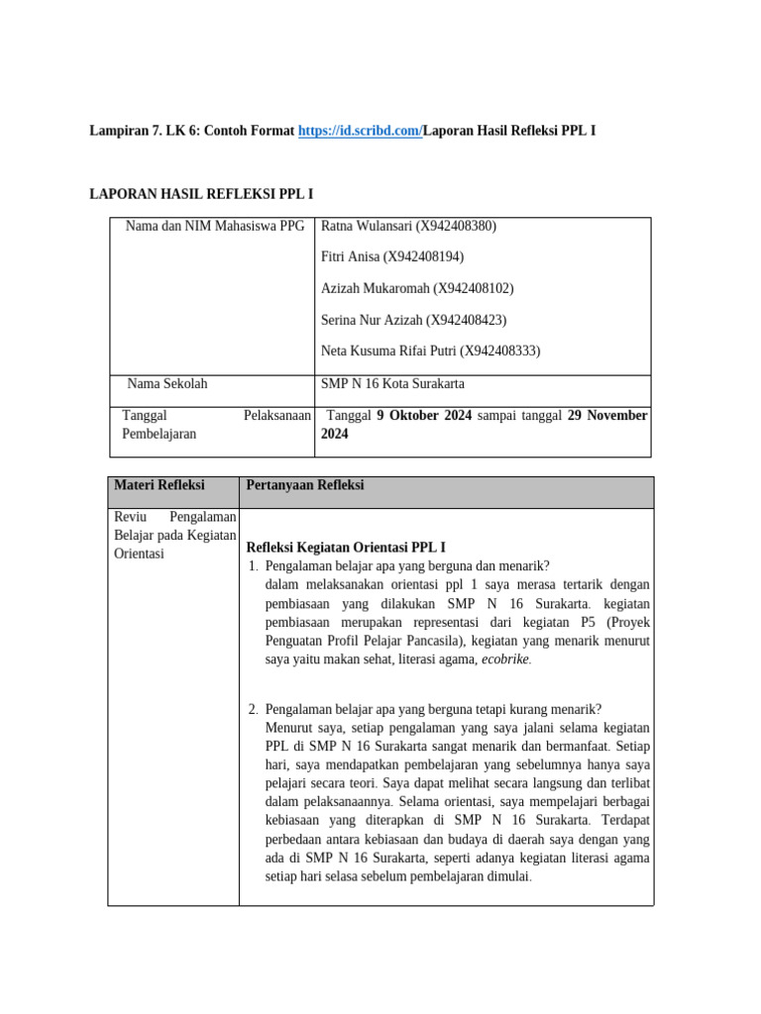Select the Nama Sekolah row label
coord(167,383)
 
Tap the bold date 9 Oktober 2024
coord(424,416)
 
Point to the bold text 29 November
coord(607,416)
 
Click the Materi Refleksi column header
coord(160,485)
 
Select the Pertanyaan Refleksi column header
coord(305,485)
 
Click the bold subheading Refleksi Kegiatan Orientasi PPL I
coord(346,547)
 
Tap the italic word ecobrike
coord(505,659)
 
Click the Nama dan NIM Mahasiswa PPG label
coord(215,226)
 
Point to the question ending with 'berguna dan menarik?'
coord(407,566)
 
